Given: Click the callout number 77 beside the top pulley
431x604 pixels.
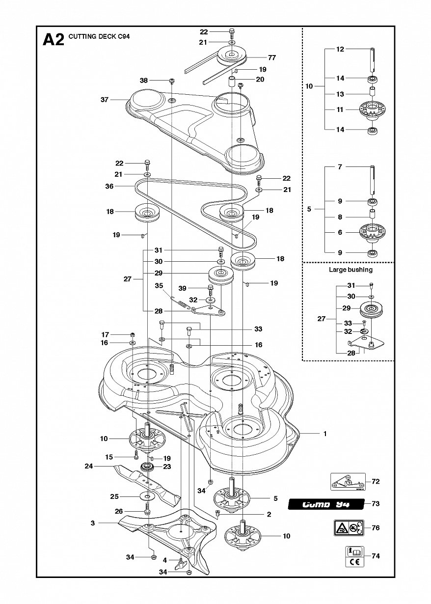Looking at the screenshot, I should pyautogui.click(x=271, y=57).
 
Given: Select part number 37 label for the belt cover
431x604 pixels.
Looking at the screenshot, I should pyautogui.click(x=104, y=100).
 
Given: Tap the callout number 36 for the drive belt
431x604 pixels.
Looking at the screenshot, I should pyautogui.click(x=109, y=186).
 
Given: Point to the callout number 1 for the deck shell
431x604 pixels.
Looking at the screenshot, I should pyautogui.click(x=324, y=434).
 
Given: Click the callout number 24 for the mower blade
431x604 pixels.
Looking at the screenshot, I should pyautogui.click(x=89, y=467).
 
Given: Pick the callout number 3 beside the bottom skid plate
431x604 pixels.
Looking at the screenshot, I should pyautogui.click(x=93, y=523).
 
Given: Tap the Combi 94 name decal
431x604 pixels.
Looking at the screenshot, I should pyautogui.click(x=325, y=504).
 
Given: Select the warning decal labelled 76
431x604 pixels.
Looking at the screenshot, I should pyautogui.click(x=350, y=528).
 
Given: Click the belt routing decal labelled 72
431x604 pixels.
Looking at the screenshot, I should pyautogui.click(x=347, y=482).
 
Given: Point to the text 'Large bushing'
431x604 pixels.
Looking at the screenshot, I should pyautogui.click(x=350, y=270).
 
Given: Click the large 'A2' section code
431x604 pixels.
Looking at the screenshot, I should pyautogui.click(x=54, y=39).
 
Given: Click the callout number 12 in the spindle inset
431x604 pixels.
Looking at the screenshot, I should pyautogui.click(x=340, y=49).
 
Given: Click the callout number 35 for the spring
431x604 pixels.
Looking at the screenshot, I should pyautogui.click(x=159, y=285).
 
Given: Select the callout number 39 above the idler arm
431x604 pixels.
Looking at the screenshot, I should pyautogui.click(x=196, y=288).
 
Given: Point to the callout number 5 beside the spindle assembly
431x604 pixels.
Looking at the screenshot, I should pyautogui.click(x=275, y=498).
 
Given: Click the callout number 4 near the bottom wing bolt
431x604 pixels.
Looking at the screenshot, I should pyautogui.click(x=165, y=560).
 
